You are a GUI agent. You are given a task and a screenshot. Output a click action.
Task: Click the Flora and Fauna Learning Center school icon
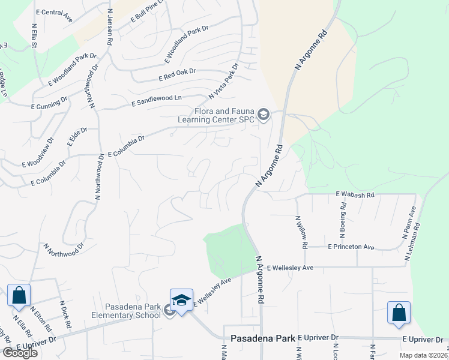click(x=263, y=114)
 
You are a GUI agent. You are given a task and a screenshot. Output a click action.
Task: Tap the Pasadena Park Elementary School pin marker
click(x=181, y=299)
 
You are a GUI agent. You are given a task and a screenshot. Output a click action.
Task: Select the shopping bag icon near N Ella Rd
click(x=19, y=295)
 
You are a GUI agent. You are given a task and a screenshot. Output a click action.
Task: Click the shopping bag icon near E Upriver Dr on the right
click(x=399, y=312)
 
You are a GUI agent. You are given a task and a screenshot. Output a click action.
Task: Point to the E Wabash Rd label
click(x=355, y=194)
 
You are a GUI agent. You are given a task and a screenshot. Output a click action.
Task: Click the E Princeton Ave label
click(x=351, y=247)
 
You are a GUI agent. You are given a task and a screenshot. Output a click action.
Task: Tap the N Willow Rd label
click(x=301, y=233)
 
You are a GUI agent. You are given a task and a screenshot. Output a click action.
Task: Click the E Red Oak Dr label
click(x=177, y=75)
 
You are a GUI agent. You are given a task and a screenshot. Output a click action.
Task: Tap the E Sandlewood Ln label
click(x=156, y=101)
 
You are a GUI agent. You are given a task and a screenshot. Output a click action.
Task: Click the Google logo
click(x=20, y=352)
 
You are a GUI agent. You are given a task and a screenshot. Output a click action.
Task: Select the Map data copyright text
click(x=424, y=355)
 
